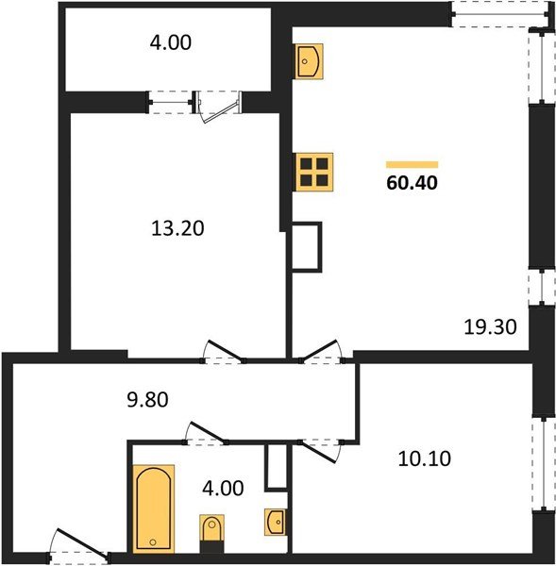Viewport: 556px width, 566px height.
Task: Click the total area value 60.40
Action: (412, 182)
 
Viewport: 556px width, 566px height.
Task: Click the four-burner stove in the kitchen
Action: (314, 172)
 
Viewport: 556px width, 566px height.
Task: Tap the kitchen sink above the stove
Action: (311, 62)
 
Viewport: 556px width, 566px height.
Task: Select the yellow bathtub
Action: (153, 508)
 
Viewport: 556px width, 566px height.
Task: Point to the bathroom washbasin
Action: (276, 521)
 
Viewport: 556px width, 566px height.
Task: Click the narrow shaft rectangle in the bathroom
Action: (275, 466)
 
